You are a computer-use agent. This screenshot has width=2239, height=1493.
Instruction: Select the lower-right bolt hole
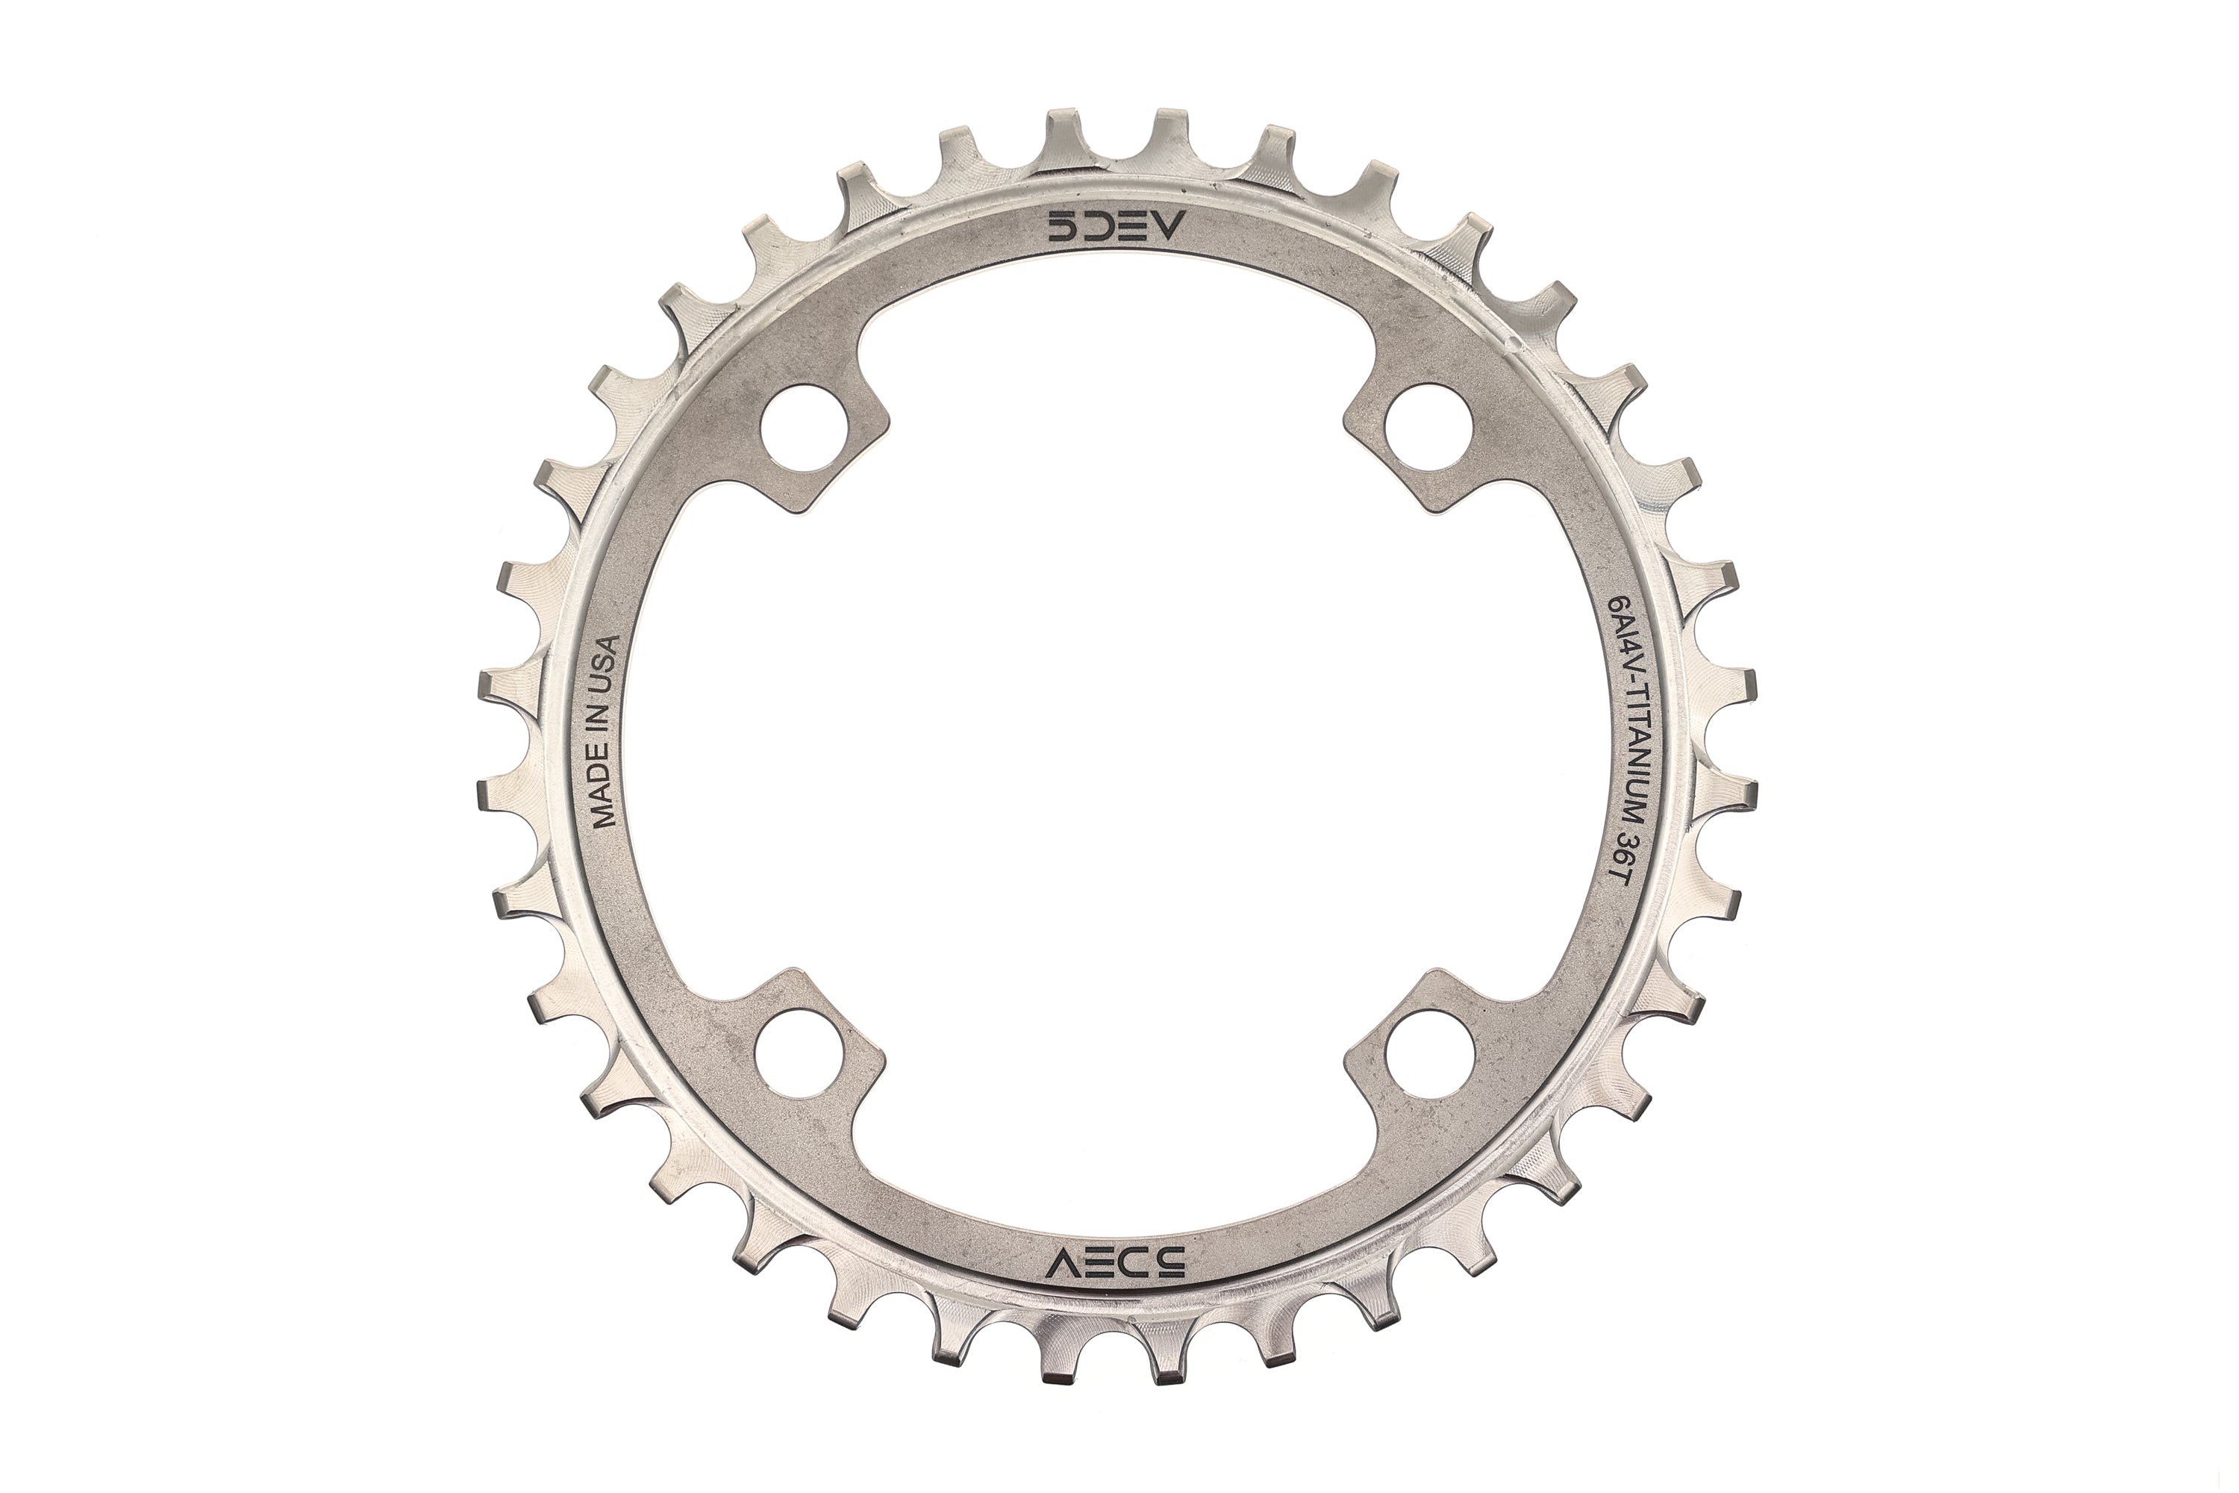pyautogui.click(x=1429, y=1065)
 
